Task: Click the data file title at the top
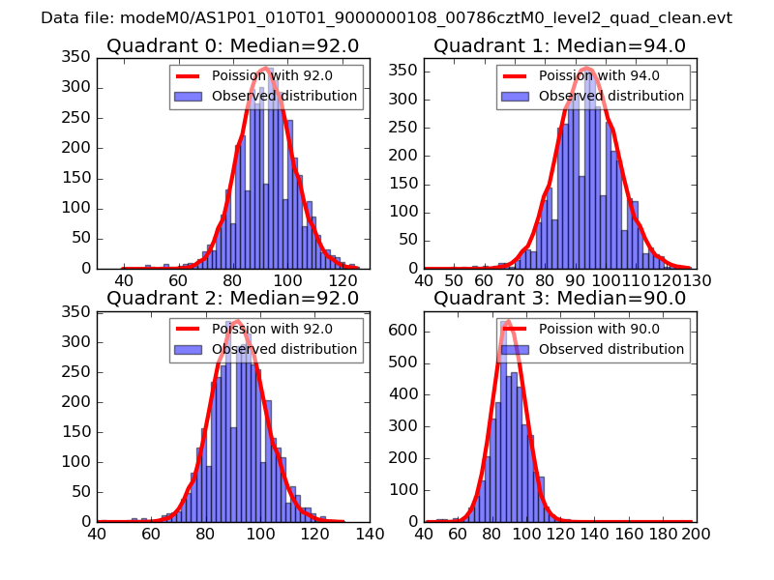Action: (x=386, y=18)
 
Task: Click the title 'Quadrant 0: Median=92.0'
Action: (x=232, y=46)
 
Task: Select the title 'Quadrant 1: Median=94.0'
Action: (x=559, y=46)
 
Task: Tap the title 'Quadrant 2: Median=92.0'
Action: (x=232, y=299)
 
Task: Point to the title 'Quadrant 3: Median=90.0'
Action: (x=559, y=299)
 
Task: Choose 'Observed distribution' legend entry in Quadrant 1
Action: (x=611, y=97)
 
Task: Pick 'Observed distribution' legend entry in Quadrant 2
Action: (x=284, y=350)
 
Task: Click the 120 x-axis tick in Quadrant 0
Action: (x=342, y=280)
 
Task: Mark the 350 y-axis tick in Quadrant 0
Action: (x=76, y=58)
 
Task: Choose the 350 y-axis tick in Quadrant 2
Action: (x=76, y=311)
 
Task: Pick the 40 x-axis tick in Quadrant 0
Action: (x=124, y=280)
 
